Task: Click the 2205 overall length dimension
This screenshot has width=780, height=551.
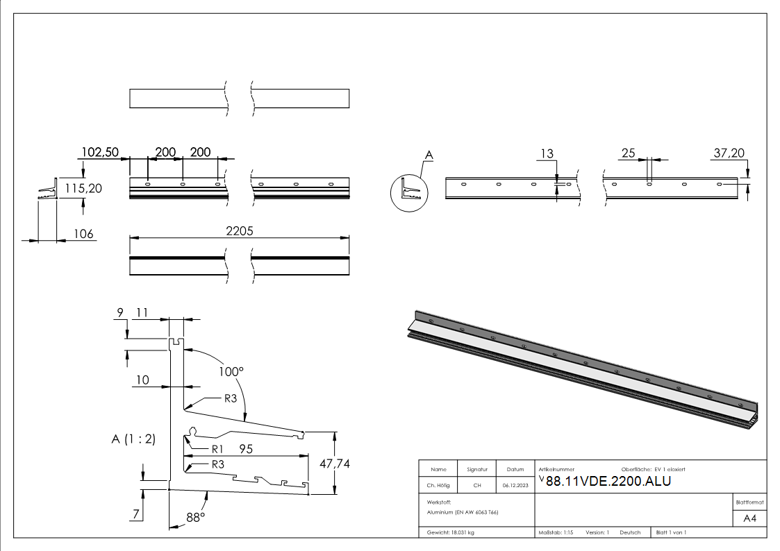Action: click(x=240, y=232)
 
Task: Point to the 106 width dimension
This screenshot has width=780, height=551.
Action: click(x=83, y=234)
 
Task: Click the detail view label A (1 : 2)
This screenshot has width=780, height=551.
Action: click(x=133, y=439)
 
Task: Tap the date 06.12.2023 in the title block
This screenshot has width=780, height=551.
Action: click(x=515, y=485)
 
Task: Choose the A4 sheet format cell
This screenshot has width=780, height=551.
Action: click(x=749, y=518)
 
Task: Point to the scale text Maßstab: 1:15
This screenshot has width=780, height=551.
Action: click(x=556, y=532)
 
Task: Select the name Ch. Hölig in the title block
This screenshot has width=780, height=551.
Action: click(x=438, y=485)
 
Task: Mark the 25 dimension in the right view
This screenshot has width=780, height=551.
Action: click(x=629, y=153)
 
